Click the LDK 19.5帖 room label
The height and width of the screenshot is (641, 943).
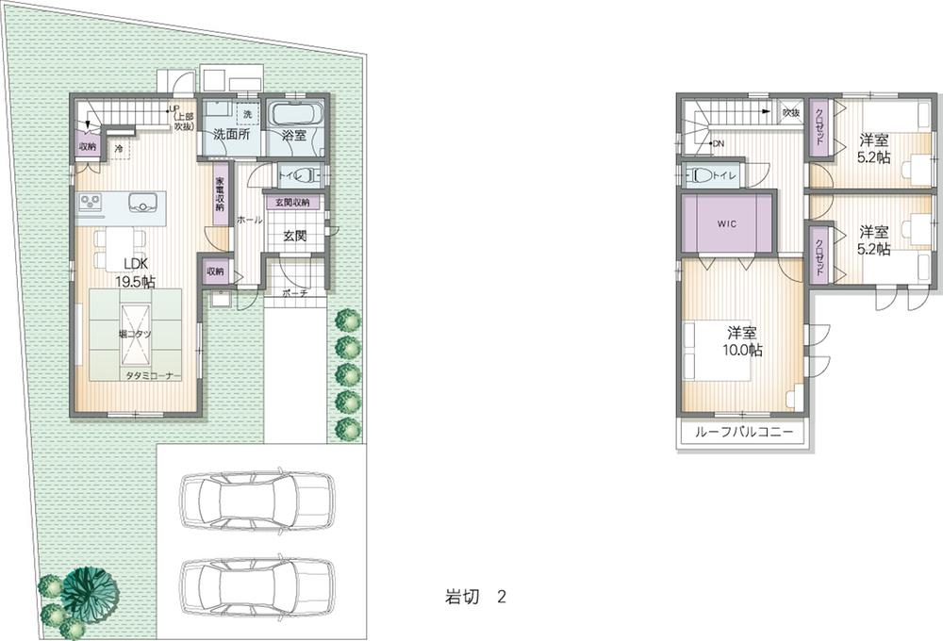(135, 271)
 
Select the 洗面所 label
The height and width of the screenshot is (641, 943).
(231, 136)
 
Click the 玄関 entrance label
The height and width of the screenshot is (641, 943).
(294, 237)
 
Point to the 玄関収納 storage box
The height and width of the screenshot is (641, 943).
(293, 203)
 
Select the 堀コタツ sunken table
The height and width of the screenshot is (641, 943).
(132, 335)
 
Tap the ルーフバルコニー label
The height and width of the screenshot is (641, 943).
(742, 435)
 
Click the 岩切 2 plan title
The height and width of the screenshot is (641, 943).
(476, 596)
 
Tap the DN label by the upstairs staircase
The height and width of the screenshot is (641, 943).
(717, 144)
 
